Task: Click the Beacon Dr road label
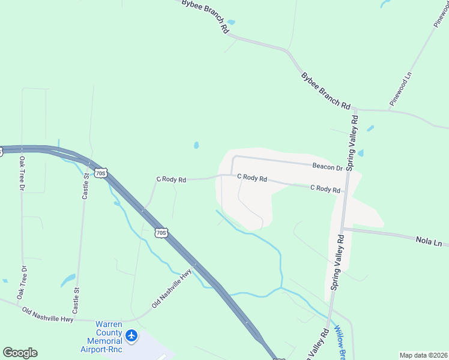pos(327,167)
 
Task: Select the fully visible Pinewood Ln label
pos(401,89)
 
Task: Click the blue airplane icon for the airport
pos(132,335)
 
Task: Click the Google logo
pos(20,353)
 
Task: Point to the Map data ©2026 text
pos(423,355)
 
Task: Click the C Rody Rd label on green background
pos(171,179)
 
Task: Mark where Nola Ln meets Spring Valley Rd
pos(342,228)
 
